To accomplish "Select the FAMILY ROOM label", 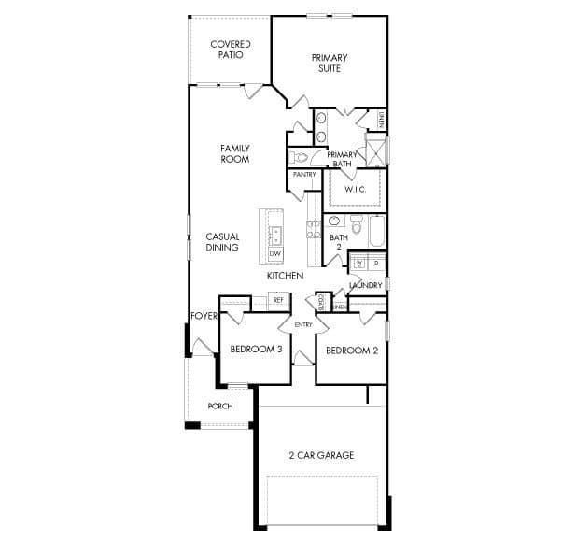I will point(234,153).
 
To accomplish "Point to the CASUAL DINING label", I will point(222,242).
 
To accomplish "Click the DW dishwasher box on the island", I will point(275,253).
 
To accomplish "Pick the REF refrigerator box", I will point(277,300).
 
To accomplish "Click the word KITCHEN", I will point(285,277).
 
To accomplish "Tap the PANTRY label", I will point(303,175).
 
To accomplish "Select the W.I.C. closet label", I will point(354,190).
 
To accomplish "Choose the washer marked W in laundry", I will point(358,263).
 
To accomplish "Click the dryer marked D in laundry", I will point(375,263).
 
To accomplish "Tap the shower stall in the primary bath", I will point(375,150).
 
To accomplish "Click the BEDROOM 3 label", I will point(256,350).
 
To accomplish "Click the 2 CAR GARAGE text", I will point(320,456).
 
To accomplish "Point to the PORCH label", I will point(220,407).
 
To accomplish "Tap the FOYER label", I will point(204,316).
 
